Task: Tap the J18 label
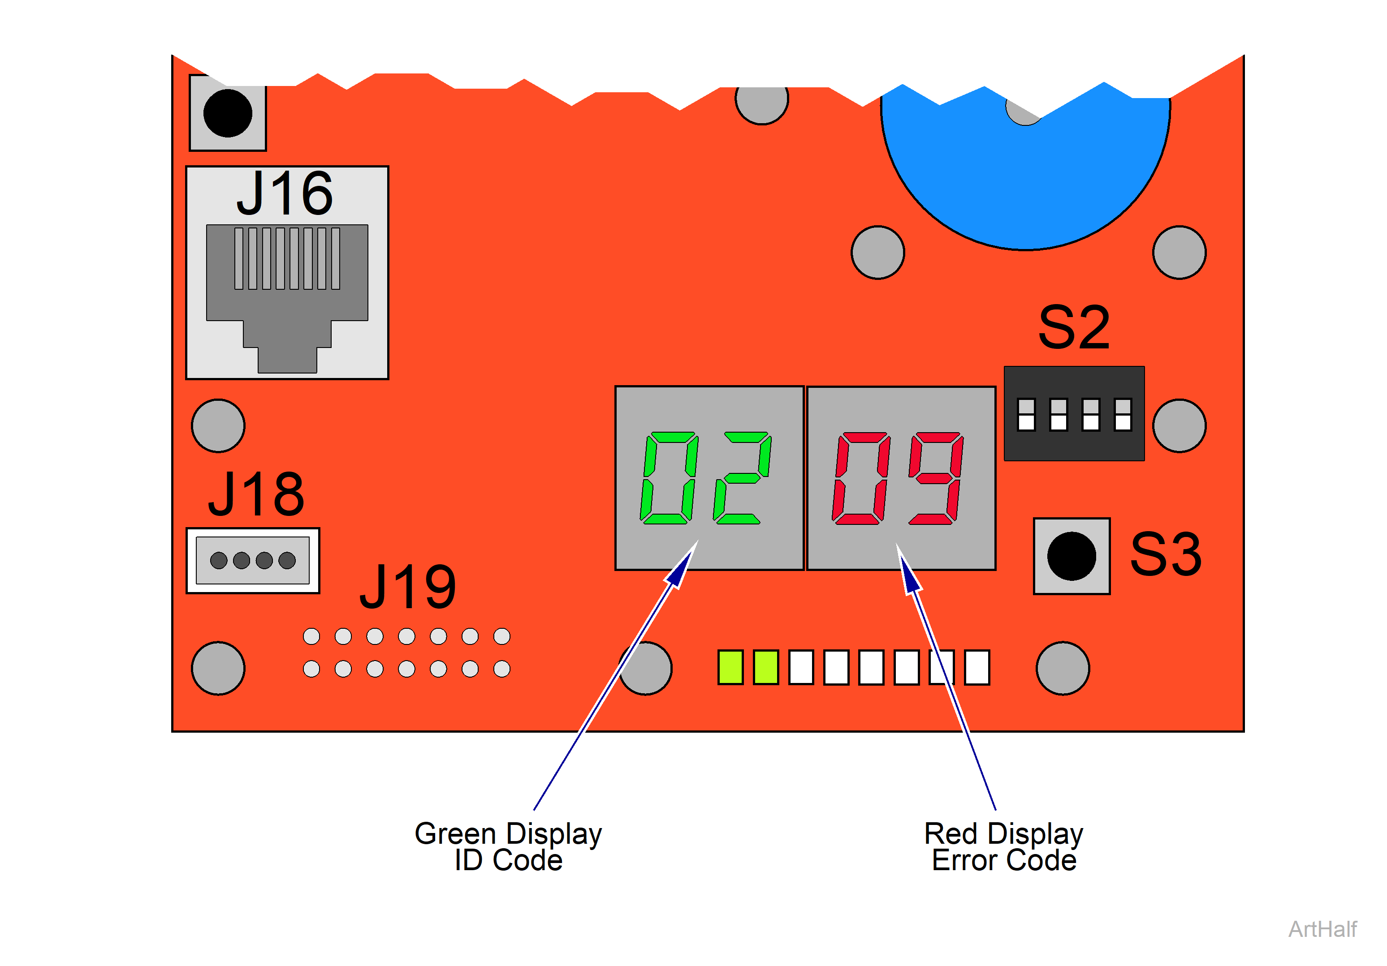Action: [x=256, y=494]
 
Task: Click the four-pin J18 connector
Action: [x=252, y=561]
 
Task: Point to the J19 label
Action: [x=408, y=587]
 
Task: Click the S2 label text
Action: [x=1074, y=328]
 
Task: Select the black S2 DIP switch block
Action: [x=1074, y=413]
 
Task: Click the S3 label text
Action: [x=1166, y=554]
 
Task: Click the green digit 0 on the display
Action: [x=670, y=478]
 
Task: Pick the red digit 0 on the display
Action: [x=861, y=478]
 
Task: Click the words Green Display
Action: [x=508, y=834]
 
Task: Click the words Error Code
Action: [x=1004, y=861]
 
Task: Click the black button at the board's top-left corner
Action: [x=228, y=113]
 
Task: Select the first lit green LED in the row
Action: [x=730, y=667]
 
